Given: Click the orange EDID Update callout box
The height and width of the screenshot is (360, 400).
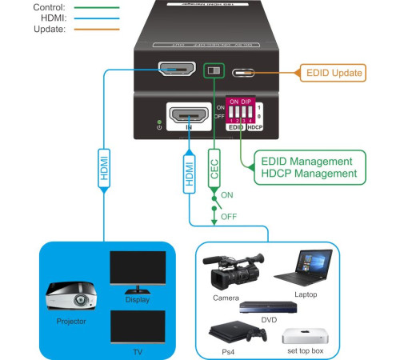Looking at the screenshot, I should click(334, 73).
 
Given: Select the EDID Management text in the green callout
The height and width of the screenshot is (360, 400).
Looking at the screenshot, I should click(306, 162).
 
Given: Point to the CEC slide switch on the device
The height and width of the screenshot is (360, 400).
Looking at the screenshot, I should click(213, 70).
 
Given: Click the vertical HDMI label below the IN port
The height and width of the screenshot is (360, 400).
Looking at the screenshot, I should click(190, 170).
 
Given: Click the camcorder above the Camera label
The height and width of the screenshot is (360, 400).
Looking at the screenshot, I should click(232, 272).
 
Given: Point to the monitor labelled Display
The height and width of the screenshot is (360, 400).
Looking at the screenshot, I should click(138, 272).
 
